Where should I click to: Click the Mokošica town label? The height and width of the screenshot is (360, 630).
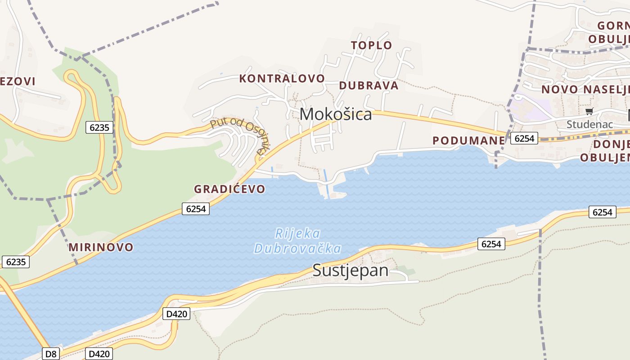(336, 114)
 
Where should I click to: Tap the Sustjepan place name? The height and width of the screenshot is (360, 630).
(350, 270)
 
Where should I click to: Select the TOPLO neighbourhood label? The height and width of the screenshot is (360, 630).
(371, 45)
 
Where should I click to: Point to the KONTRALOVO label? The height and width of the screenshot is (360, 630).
(282, 78)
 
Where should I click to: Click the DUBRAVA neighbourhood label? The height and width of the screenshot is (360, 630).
(369, 85)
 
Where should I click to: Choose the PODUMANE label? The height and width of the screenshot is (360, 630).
(468, 140)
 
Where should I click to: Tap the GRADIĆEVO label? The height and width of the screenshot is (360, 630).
(229, 189)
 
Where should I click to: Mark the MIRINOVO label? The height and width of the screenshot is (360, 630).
(101, 247)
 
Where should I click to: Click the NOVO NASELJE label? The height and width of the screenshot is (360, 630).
(585, 89)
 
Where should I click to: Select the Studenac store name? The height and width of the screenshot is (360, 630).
(589, 124)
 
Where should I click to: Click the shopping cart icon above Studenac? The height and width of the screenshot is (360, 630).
(589, 111)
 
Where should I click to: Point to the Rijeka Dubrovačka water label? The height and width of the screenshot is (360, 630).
(297, 241)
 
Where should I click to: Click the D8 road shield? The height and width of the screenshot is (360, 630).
(51, 354)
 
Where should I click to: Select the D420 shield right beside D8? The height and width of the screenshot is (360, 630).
(99, 354)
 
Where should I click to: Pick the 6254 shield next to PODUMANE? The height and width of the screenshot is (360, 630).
(524, 138)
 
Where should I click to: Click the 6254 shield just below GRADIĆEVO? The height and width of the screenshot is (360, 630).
(196, 208)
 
